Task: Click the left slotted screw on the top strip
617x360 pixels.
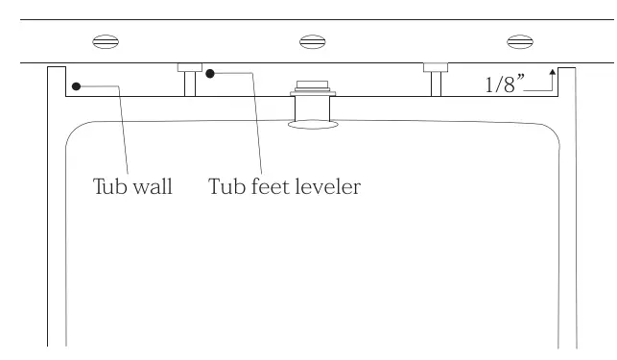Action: (105, 41)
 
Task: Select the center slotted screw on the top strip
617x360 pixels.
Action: (312, 41)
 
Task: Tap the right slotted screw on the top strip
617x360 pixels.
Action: (519, 41)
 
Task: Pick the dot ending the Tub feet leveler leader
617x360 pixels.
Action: (210, 72)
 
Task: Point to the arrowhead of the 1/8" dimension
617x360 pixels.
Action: (553, 71)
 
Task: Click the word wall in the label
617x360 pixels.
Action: (152, 186)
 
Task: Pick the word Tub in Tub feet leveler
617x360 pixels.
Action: (226, 186)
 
